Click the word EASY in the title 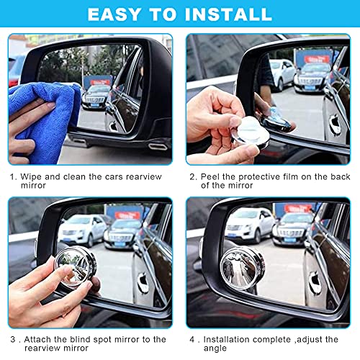point(116,14)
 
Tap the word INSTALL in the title point(231,14)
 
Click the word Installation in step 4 point(230,339)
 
